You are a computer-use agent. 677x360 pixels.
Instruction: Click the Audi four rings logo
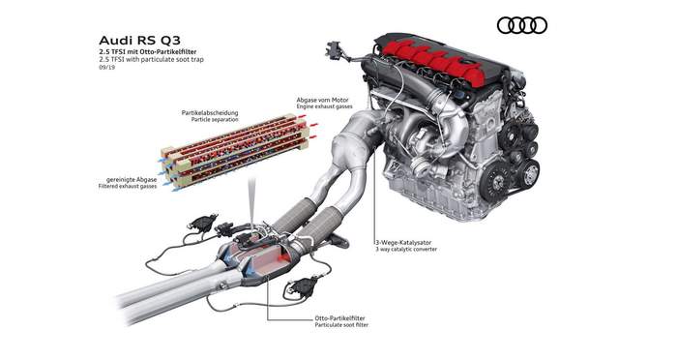click(x=522, y=25)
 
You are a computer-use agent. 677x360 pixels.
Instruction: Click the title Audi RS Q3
click(x=139, y=41)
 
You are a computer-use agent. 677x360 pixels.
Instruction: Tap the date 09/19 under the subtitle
click(x=106, y=68)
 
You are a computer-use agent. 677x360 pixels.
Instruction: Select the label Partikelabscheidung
click(x=210, y=113)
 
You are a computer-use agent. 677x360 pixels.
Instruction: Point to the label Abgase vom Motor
click(x=322, y=100)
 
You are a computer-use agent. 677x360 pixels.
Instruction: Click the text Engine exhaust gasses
click(x=324, y=106)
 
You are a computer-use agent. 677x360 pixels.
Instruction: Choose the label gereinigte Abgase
click(x=132, y=179)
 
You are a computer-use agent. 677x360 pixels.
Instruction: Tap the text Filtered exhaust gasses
click(x=128, y=186)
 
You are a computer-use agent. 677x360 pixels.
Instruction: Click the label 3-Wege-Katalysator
click(x=403, y=243)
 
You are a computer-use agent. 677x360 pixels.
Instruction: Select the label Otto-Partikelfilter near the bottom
click(x=339, y=318)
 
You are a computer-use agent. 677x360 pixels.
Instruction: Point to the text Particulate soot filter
click(x=341, y=324)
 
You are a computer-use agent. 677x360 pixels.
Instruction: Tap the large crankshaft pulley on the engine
click(x=494, y=182)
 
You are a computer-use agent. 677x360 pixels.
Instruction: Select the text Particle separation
click(x=215, y=119)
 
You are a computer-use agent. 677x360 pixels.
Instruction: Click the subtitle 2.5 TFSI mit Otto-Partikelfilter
click(x=148, y=52)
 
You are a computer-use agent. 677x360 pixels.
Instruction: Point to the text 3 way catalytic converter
click(x=406, y=250)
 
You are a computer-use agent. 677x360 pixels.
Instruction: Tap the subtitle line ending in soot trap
click(x=151, y=59)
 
